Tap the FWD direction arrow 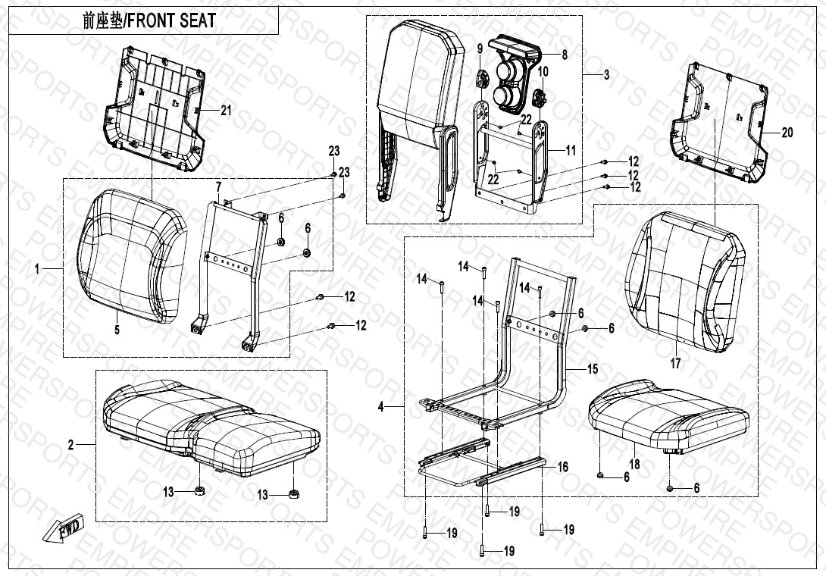pyautogui.click(x=62, y=528)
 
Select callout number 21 pyautogui.click(x=226, y=111)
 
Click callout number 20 pyautogui.click(x=787, y=133)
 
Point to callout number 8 pyautogui.click(x=565, y=55)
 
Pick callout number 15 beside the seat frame pyautogui.click(x=593, y=369)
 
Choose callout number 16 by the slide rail pyautogui.click(x=562, y=467)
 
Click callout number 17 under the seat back pyautogui.click(x=675, y=363)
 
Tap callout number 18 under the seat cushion pyautogui.click(x=635, y=464)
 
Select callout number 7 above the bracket pyautogui.click(x=218, y=186)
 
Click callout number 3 pyautogui.click(x=606, y=75)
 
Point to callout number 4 pyautogui.click(x=381, y=407)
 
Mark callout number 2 pyautogui.click(x=71, y=446)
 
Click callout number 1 pyautogui.click(x=37, y=269)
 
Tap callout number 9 pyautogui.click(x=480, y=49)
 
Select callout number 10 pyautogui.click(x=543, y=72)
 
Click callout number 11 pyautogui.click(x=571, y=151)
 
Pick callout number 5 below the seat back pyautogui.click(x=117, y=330)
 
